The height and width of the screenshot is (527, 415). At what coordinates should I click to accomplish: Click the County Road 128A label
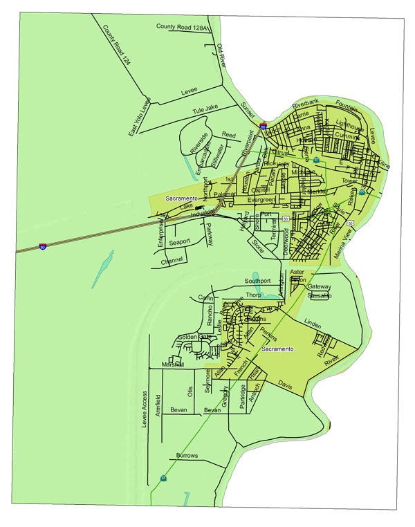[182, 26]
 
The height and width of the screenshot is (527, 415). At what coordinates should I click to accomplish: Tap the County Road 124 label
[116, 46]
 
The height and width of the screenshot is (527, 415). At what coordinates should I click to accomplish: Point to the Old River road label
[221, 55]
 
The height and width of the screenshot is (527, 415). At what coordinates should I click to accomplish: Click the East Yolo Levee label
[139, 115]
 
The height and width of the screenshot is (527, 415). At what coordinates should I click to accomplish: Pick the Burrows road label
[187, 456]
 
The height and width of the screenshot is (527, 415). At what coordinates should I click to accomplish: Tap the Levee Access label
[145, 409]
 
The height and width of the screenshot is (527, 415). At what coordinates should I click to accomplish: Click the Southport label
[259, 281]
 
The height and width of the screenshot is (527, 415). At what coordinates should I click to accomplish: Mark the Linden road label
[313, 324]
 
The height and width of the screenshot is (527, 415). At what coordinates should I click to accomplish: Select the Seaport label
[179, 242]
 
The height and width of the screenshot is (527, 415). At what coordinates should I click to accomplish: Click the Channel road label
[171, 262]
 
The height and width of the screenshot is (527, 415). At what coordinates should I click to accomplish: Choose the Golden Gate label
[187, 337]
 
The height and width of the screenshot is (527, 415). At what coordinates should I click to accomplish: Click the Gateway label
[320, 286]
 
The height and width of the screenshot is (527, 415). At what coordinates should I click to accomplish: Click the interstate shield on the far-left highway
[43, 246]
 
